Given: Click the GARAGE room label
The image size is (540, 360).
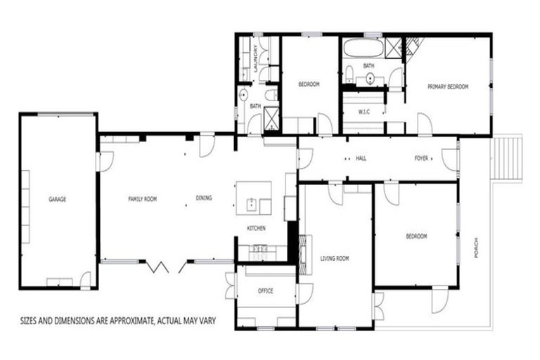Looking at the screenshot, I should [x=57, y=200].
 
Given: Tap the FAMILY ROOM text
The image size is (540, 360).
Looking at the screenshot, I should [x=142, y=199].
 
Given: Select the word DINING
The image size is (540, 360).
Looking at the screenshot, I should [x=204, y=198].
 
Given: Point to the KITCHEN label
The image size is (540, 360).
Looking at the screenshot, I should [x=255, y=229].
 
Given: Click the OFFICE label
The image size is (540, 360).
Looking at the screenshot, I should [x=265, y=291].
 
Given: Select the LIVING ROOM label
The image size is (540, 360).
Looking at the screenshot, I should [x=335, y=259].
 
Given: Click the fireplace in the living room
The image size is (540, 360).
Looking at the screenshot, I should [x=303, y=254].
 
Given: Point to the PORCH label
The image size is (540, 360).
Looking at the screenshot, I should [x=476, y=246].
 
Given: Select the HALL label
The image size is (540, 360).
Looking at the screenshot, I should [x=361, y=159].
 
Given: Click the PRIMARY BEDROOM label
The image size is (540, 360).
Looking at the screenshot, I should [x=448, y=86].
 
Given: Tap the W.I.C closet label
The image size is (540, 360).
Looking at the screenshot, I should [x=364, y=112].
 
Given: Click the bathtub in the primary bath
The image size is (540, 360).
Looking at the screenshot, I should [x=363, y=48].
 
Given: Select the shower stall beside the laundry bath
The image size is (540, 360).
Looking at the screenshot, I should [x=271, y=118].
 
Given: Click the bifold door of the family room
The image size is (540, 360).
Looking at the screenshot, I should [x=159, y=266].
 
